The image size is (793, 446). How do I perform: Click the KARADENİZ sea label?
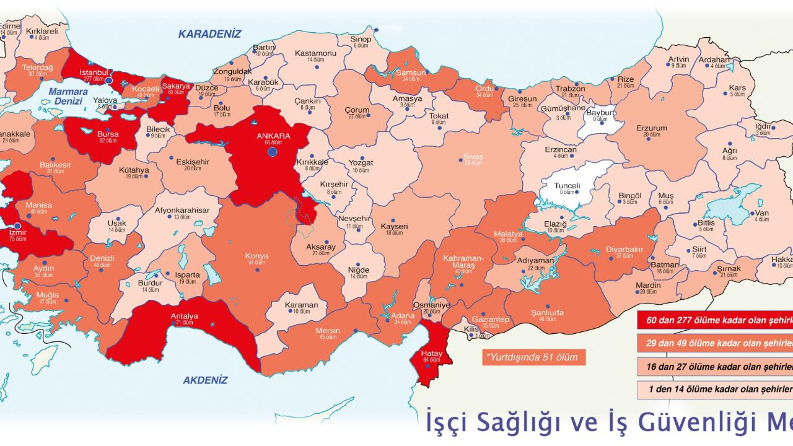coord(209,33)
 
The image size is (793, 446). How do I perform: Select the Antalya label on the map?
coord(184,317)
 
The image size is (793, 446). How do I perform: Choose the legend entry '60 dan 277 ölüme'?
coord(716,321)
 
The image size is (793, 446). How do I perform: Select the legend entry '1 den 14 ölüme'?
coord(716,388)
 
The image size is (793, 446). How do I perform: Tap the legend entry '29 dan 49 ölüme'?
coord(716,343)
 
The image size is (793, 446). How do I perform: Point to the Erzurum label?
coord(652,128)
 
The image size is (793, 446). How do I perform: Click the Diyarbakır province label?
coord(624,249)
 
